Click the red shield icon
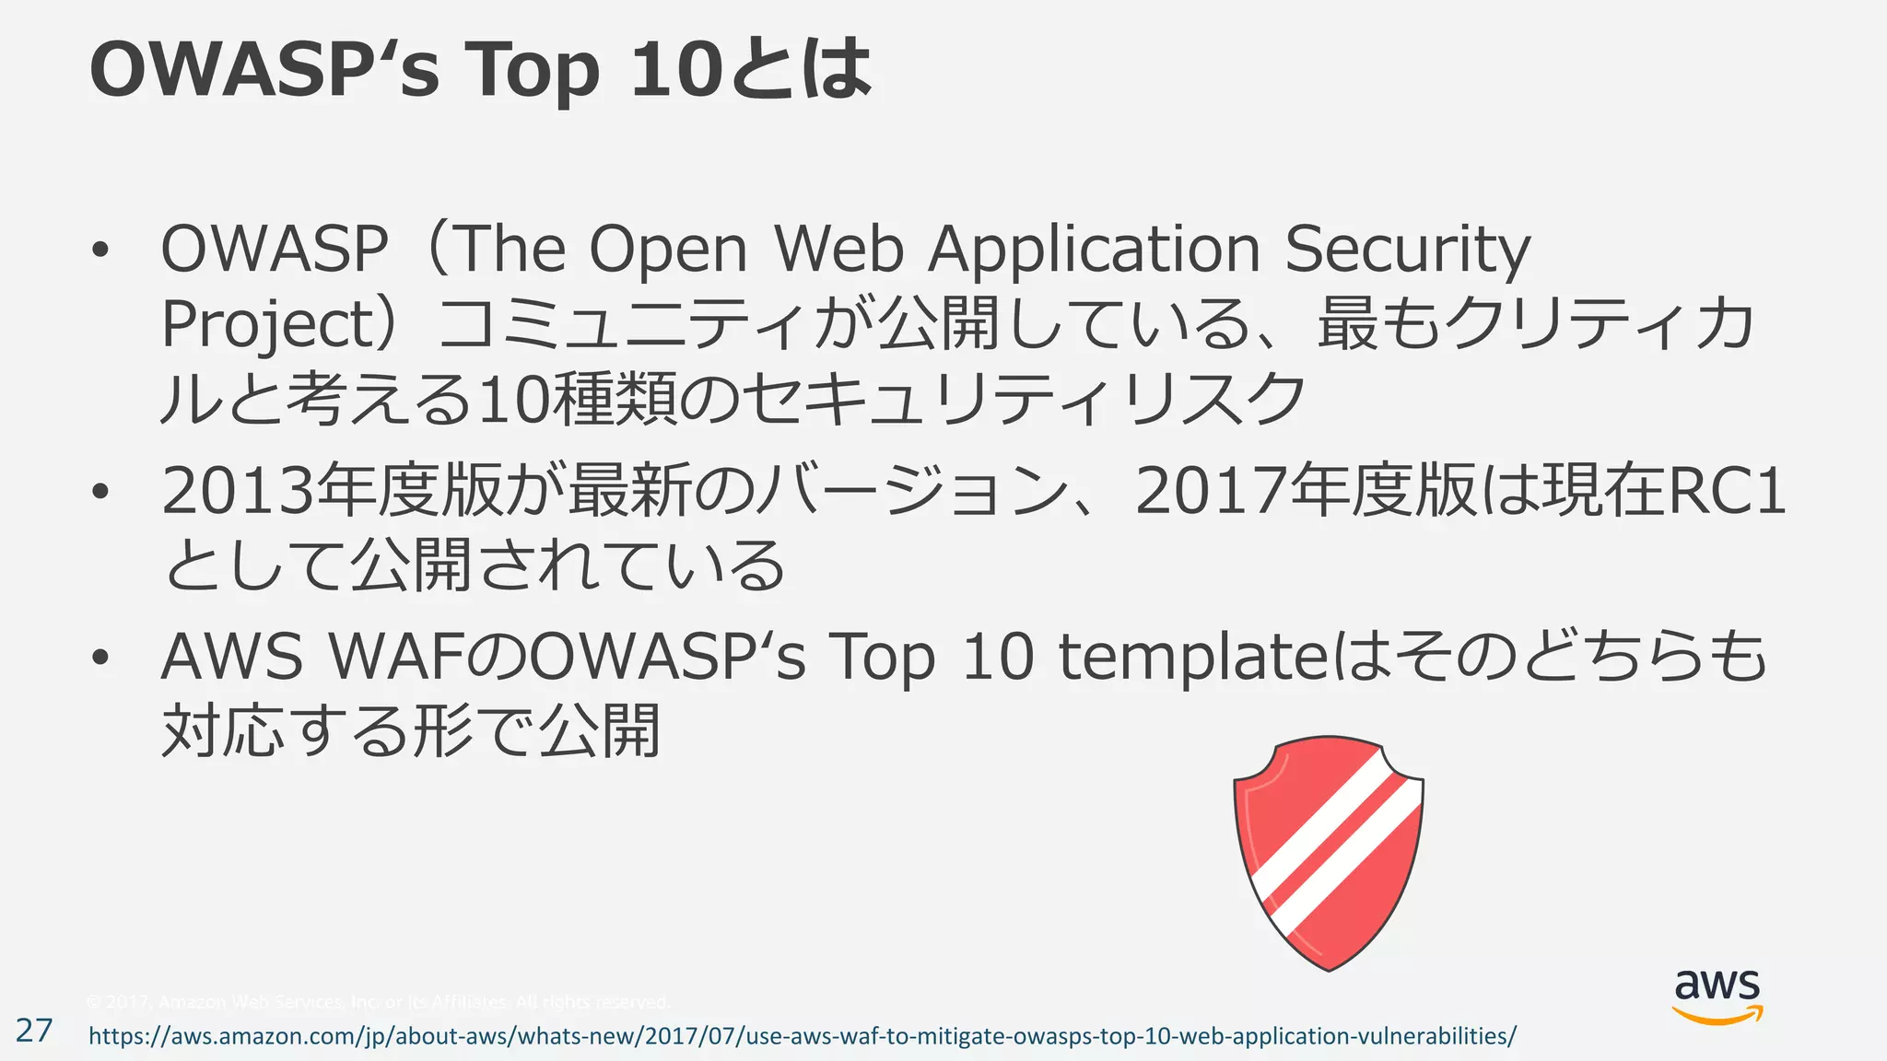[1329, 852]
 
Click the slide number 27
[34, 1030]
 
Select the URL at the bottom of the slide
[802, 1036]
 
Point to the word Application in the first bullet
[1094, 251]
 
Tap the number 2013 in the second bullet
[237, 491]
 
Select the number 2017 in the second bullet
[1211, 491]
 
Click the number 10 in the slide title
[674, 69]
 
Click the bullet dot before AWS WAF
[100, 658]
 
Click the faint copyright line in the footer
[378, 1001]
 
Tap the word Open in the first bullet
[668, 251]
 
